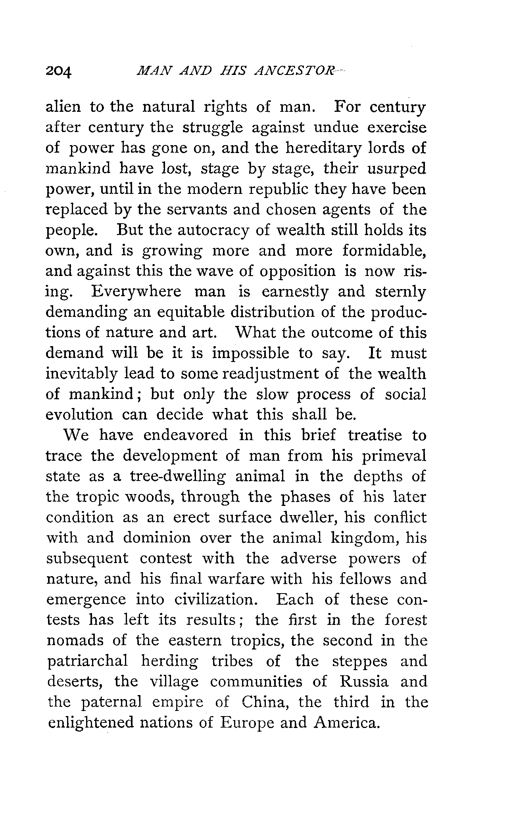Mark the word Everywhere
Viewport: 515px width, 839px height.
(x=136, y=292)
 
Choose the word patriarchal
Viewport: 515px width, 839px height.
(x=88, y=661)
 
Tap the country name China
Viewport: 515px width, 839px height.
(x=264, y=702)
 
